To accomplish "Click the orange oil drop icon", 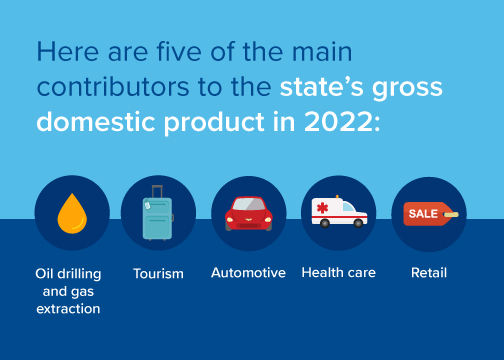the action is point(72,214).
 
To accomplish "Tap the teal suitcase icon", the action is point(158,213).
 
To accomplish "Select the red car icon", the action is point(249,214).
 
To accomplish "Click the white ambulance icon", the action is point(339,212).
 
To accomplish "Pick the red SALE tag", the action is point(431,214).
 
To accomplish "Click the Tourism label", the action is point(158,274).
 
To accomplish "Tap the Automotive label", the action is point(248,273).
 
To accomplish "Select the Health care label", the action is point(339,273).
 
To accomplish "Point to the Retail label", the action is point(429,273).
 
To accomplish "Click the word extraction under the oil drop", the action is point(68,309).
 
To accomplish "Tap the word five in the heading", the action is point(179,52).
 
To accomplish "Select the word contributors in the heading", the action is point(113,87).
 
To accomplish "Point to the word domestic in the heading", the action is point(96,122).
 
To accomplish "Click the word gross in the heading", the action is point(407,88).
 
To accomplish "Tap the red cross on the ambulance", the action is point(322,208).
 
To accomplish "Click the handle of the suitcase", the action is point(157,191).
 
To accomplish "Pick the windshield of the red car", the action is point(249,204).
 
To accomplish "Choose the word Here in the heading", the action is point(68,52).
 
